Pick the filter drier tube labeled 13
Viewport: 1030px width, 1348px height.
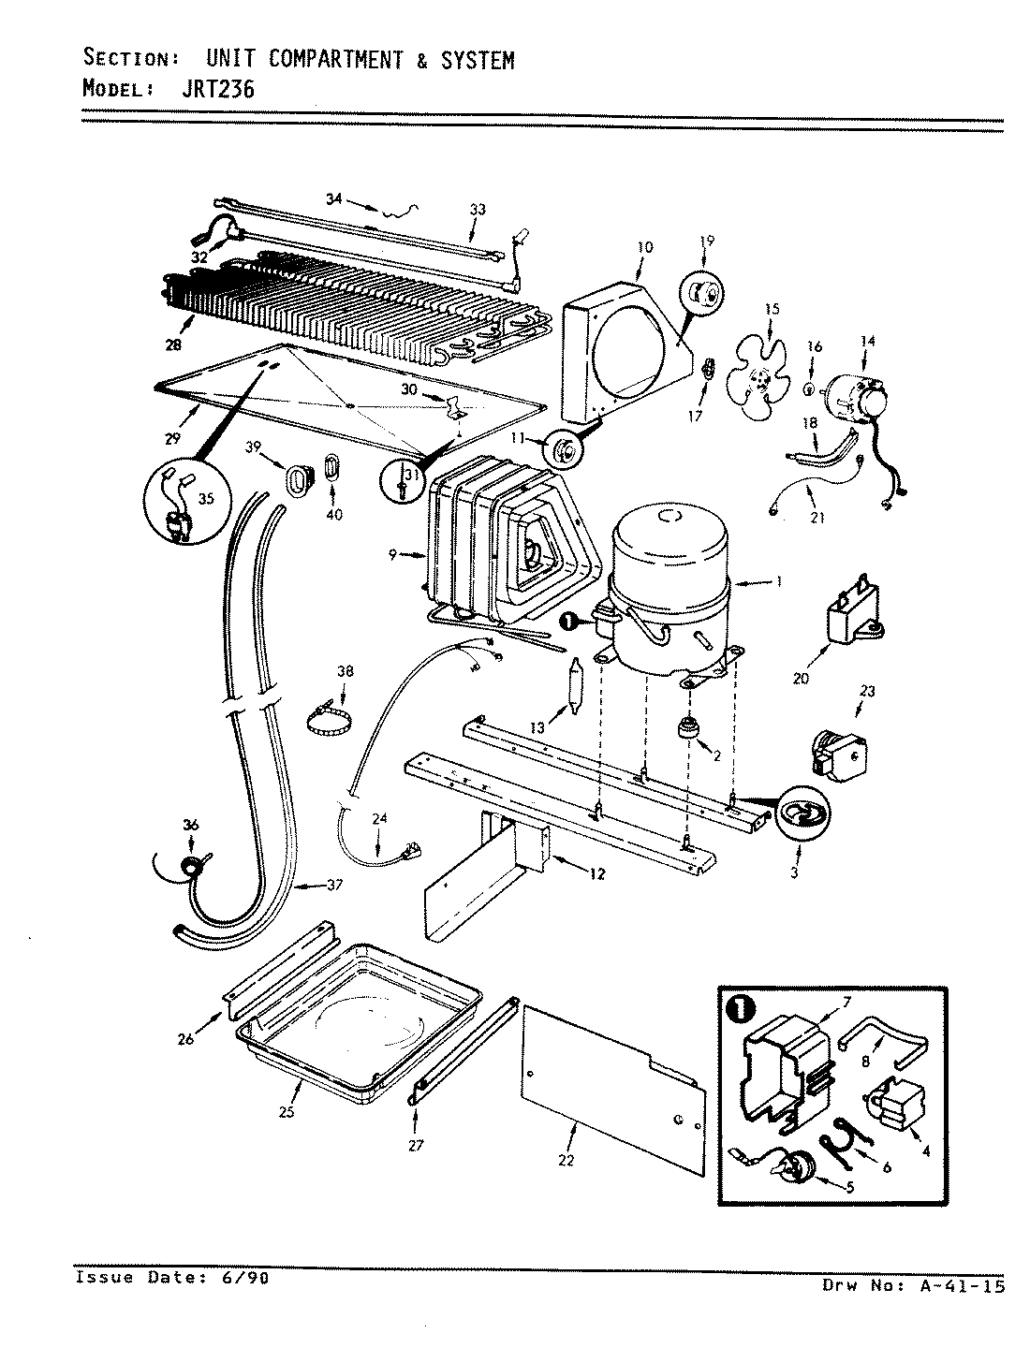tap(574, 688)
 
